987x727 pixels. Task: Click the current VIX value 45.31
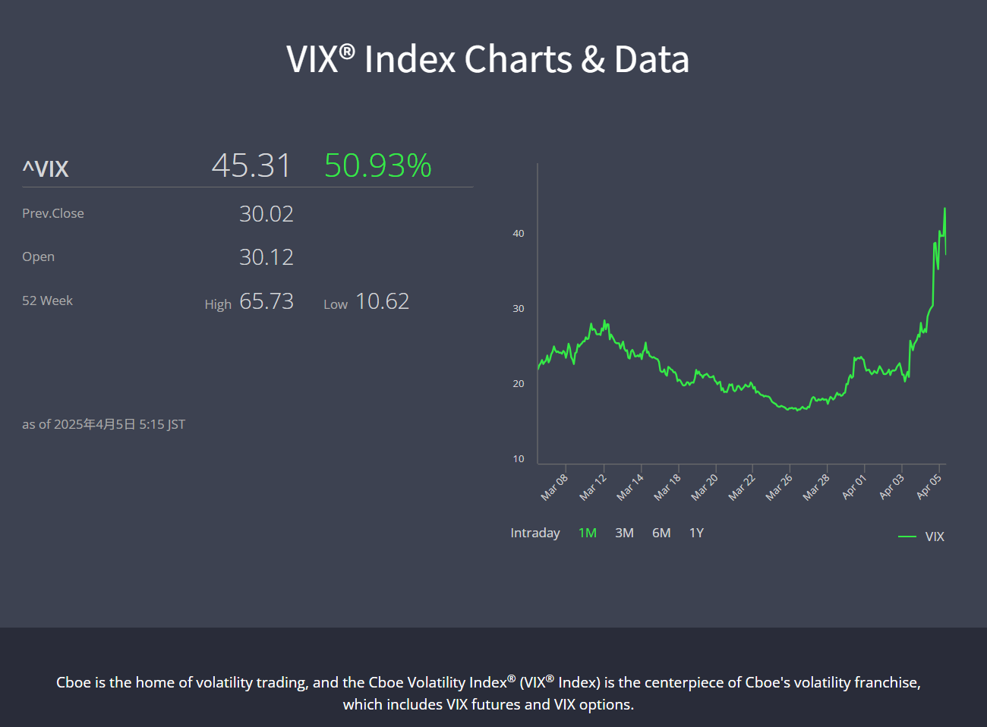(x=251, y=165)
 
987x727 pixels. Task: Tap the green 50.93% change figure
(x=377, y=165)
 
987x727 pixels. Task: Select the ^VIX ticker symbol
(x=46, y=168)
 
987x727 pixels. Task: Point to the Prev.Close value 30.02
(x=266, y=214)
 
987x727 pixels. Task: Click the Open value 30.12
(x=266, y=257)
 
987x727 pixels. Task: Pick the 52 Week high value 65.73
(x=266, y=301)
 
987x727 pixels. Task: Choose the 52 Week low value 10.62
(x=382, y=301)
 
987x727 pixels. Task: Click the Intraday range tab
(x=534, y=533)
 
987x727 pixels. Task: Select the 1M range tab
(x=587, y=533)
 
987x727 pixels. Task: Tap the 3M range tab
(x=624, y=533)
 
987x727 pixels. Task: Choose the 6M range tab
(x=661, y=533)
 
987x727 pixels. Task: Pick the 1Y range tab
(x=696, y=533)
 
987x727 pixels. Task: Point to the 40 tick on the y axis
(x=519, y=233)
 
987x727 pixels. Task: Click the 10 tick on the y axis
(x=519, y=458)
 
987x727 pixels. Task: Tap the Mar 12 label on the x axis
(x=593, y=487)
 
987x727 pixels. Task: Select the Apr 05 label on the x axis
(x=929, y=486)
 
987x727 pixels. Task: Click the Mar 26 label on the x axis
(x=779, y=487)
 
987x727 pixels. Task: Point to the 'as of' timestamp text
(x=103, y=424)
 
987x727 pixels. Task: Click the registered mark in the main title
(x=346, y=51)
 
